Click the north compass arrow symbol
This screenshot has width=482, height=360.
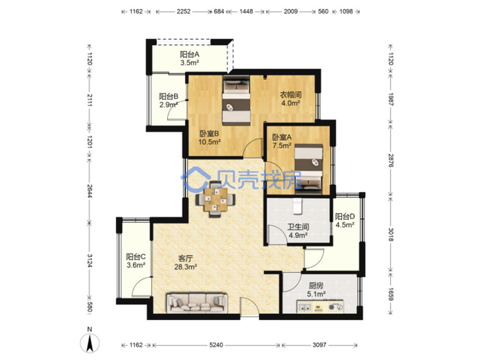[90, 343]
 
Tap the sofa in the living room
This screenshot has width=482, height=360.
[197, 302]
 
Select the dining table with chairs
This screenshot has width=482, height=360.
[216, 200]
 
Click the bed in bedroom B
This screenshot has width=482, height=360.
[236, 100]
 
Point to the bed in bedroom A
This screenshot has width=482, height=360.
[308, 169]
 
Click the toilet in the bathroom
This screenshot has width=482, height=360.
[297, 206]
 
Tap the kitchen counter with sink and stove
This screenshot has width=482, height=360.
[319, 307]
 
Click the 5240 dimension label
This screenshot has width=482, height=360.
[216, 345]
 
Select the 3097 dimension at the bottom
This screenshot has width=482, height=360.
[319, 345]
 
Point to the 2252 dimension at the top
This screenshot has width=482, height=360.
[183, 12]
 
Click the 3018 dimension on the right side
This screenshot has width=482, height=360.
[391, 234]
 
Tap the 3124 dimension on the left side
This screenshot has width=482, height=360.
[90, 261]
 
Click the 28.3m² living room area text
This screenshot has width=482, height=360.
[186, 267]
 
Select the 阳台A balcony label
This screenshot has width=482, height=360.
[190, 54]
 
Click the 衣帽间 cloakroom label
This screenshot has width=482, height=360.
[291, 94]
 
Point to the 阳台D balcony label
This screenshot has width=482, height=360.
[345, 216]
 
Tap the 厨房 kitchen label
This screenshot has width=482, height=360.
[316, 285]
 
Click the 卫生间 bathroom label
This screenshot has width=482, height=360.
[298, 227]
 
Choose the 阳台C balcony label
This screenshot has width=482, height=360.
[136, 256]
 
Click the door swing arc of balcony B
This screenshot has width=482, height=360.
[172, 108]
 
